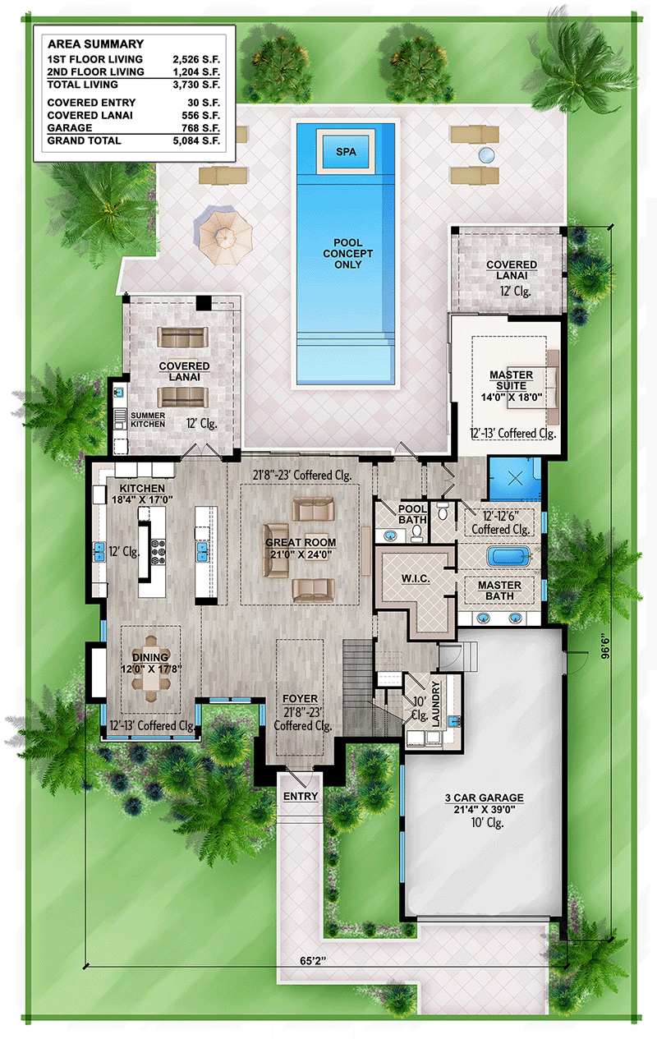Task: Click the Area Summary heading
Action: coord(95,44)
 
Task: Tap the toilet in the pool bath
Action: coord(416,532)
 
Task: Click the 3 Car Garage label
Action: coord(483,798)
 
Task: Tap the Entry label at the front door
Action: coord(300,797)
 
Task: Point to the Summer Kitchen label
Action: coord(148,419)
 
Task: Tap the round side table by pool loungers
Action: coord(487,154)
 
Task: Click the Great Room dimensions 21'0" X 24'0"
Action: coord(298,554)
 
